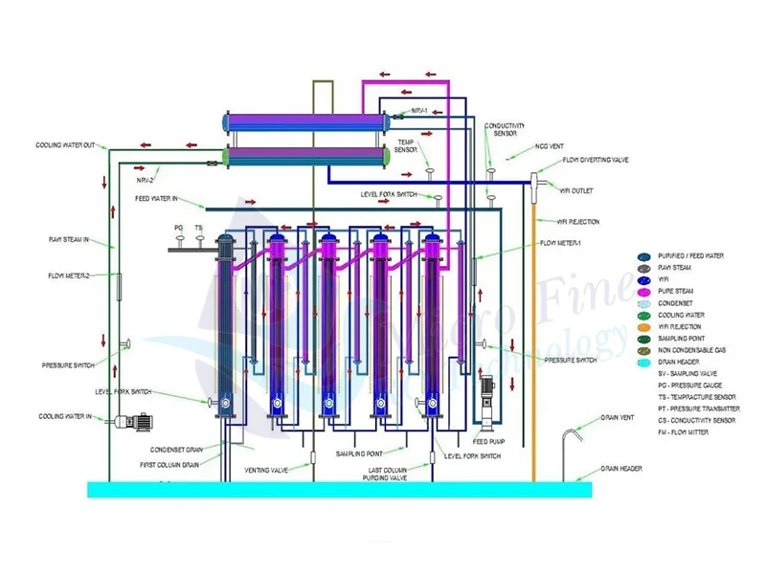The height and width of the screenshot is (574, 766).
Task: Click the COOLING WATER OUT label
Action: (65, 145)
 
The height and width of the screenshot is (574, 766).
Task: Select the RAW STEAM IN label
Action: (68, 239)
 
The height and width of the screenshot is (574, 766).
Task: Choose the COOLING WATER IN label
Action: (65, 417)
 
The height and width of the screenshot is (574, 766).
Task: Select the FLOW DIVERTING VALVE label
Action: (595, 161)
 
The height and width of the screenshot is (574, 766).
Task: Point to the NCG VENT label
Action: (550, 146)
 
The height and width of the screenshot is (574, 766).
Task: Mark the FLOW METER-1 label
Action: (564, 243)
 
